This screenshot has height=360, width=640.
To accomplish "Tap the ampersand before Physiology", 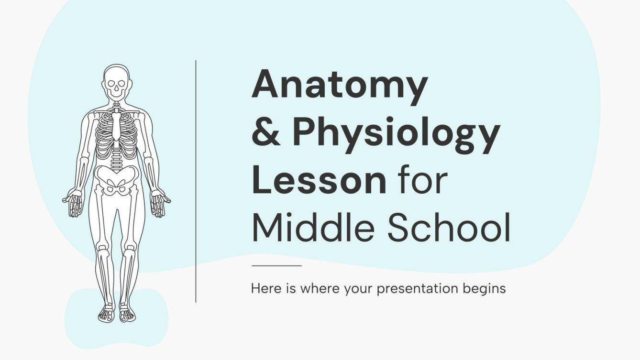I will (x=265, y=134).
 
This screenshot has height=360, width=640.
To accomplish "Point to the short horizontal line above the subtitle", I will (x=276, y=265).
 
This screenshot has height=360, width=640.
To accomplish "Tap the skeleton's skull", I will (x=116, y=84).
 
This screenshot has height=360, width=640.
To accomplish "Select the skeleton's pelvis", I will (x=116, y=180).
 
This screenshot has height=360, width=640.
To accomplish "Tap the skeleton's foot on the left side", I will (x=106, y=313).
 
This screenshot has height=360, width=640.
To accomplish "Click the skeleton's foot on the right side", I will (x=127, y=313).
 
